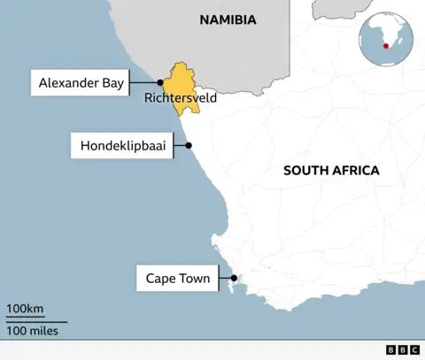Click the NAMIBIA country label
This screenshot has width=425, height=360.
[x=228, y=19]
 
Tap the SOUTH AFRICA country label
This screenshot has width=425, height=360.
[x=331, y=170]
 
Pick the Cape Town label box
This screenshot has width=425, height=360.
[x=177, y=279]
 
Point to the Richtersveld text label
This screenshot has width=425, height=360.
[x=181, y=98]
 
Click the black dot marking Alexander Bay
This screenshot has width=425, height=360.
[x=160, y=83]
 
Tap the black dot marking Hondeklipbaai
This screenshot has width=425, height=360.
[x=188, y=145]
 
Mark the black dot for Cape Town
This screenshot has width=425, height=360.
[x=233, y=279]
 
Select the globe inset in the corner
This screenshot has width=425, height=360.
[x=385, y=37]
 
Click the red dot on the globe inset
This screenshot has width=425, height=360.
[x=385, y=46]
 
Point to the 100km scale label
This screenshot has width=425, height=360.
[x=25, y=309]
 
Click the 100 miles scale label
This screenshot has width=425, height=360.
[x=33, y=331]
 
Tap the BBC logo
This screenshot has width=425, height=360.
[x=403, y=350]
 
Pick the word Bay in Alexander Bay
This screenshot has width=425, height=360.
[x=109, y=84]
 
